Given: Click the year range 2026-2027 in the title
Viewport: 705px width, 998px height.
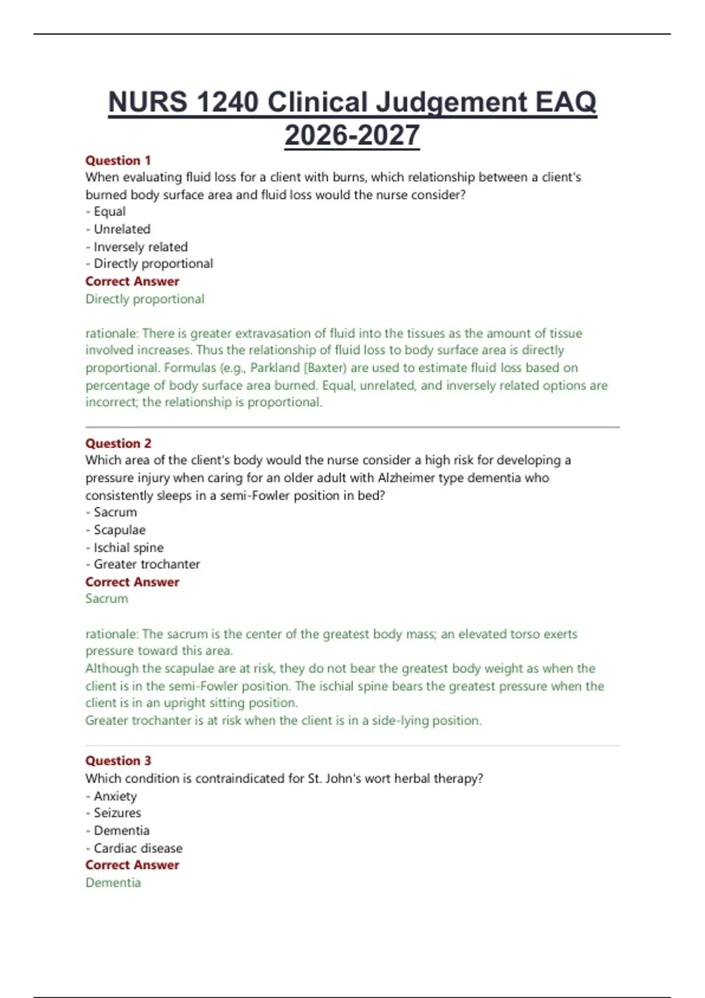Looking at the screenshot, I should [x=352, y=136].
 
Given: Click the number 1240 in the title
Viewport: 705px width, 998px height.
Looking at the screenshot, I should [x=228, y=102].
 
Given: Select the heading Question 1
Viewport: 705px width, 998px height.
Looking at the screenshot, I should [x=118, y=160].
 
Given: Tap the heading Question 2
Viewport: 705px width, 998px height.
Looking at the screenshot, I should [x=118, y=443].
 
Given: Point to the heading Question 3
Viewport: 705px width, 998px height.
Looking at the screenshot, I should [x=118, y=761].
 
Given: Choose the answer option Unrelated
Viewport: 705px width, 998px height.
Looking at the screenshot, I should [x=122, y=229].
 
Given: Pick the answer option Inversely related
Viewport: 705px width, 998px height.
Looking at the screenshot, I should [x=140, y=247].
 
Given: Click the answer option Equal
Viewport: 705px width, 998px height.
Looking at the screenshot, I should [x=109, y=211].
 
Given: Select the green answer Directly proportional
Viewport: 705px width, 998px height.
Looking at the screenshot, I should [x=145, y=299].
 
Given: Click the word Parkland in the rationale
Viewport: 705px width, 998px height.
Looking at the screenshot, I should [x=274, y=367].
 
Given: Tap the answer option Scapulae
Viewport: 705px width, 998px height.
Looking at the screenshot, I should [x=119, y=530].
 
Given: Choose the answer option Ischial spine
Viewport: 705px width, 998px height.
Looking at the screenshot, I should [x=129, y=547].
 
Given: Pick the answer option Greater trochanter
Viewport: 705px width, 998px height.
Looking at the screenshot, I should [x=146, y=564].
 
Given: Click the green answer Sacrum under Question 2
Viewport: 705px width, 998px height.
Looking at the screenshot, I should [x=106, y=599].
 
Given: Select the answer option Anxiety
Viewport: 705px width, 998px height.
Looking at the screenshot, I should [x=115, y=796].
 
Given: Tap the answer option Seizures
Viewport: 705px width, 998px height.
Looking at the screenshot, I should [x=117, y=813].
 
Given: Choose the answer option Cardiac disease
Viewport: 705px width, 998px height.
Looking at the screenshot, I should [x=138, y=848].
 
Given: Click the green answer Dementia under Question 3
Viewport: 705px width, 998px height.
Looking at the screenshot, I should [x=113, y=883].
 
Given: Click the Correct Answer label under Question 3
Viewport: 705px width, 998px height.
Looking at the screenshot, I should [x=132, y=865].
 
